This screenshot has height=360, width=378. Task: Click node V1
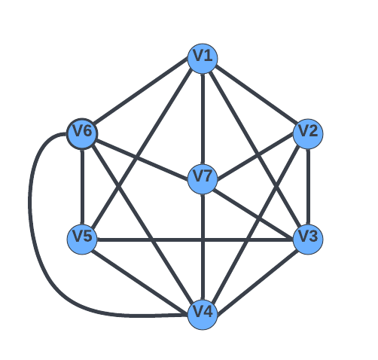pos(203,59)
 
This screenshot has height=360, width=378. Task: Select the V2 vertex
pos(308,134)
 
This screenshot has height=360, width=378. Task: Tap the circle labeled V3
pos(308,239)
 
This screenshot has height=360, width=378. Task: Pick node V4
pos(203,315)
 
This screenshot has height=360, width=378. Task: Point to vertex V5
pos(82,239)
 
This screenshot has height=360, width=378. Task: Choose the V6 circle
pos(82,134)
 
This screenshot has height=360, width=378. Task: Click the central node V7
pos(203,179)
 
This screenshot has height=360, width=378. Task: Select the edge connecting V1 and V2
pos(255,96)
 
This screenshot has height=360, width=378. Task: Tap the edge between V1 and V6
pos(142,96)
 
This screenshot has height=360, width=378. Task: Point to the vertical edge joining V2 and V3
pos(308,187)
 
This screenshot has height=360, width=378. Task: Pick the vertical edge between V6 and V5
pos(82,187)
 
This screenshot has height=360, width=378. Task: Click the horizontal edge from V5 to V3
pos(195,239)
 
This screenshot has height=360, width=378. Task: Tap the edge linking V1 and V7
pos(203,119)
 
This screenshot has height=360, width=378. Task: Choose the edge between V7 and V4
pos(203,247)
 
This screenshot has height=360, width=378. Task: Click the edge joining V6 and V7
pos(142,160)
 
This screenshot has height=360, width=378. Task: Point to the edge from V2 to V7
pos(255,157)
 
